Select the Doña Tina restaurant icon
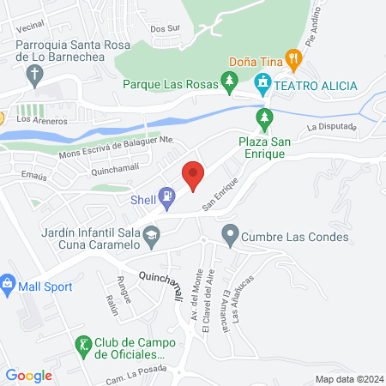tap(294, 60)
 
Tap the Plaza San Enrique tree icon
tap(264, 116)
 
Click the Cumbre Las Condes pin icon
tap(229, 232)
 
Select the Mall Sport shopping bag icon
tap(8, 282)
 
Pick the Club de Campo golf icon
tap(83, 345)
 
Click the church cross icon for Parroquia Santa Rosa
tap(34, 76)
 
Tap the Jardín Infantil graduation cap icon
tap(151, 234)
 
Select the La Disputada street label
tap(329, 126)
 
